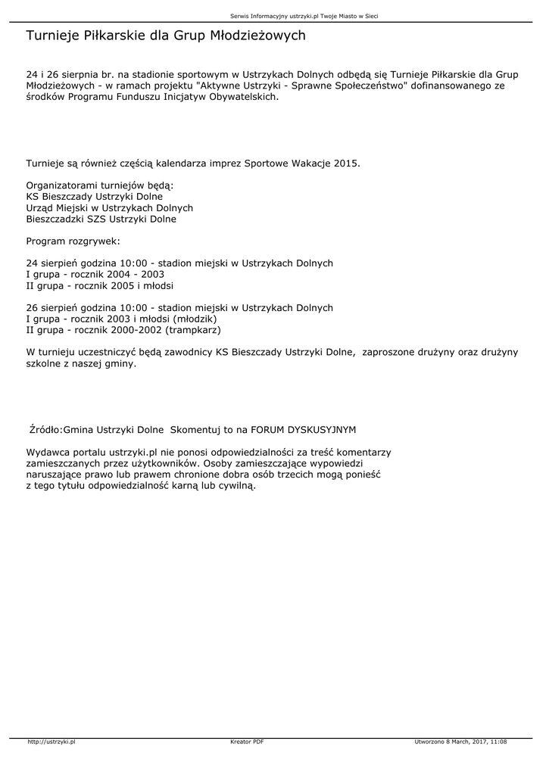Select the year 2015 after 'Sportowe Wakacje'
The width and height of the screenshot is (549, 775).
pyautogui.click(x=345, y=163)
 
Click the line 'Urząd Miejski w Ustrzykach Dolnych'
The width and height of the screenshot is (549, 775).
pyautogui.click(x=110, y=208)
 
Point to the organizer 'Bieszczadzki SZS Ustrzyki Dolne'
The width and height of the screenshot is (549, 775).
pyautogui.click(x=101, y=219)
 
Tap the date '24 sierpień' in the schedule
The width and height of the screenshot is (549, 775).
pyautogui.click(x=53, y=263)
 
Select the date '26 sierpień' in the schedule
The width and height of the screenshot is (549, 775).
pyautogui.click(x=53, y=308)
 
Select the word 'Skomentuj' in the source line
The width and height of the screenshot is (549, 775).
pyautogui.click(x=194, y=430)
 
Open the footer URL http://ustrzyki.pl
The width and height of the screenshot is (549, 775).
pyautogui.click(x=51, y=742)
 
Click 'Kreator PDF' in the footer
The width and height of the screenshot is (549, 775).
pyautogui.click(x=247, y=742)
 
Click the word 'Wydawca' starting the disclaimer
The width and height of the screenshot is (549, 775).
pyautogui.click(x=46, y=452)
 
